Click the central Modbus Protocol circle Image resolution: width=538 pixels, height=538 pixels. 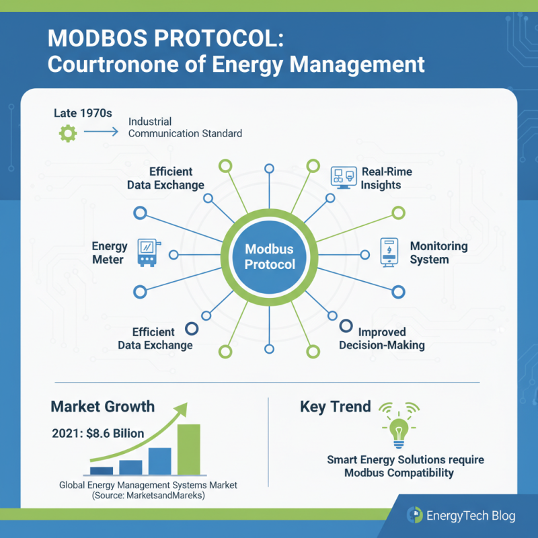click(x=269, y=256)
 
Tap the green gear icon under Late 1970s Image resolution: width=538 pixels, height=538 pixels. click(x=68, y=133)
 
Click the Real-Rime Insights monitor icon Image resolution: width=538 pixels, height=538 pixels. click(x=342, y=178)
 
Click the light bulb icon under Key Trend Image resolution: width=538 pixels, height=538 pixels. click(x=399, y=430)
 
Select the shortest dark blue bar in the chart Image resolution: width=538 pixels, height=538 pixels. click(x=102, y=471)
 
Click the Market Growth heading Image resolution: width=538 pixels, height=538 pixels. click(x=102, y=406)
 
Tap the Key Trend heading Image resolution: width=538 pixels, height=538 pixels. click(x=335, y=406)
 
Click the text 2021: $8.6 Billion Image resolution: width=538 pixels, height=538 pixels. click(x=98, y=433)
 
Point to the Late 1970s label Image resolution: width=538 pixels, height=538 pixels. click(x=83, y=112)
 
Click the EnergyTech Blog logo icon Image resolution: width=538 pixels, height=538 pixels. click(x=414, y=516)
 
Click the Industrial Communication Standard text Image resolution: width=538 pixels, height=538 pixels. click(x=185, y=128)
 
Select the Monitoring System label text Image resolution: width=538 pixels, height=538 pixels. click(x=438, y=253)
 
